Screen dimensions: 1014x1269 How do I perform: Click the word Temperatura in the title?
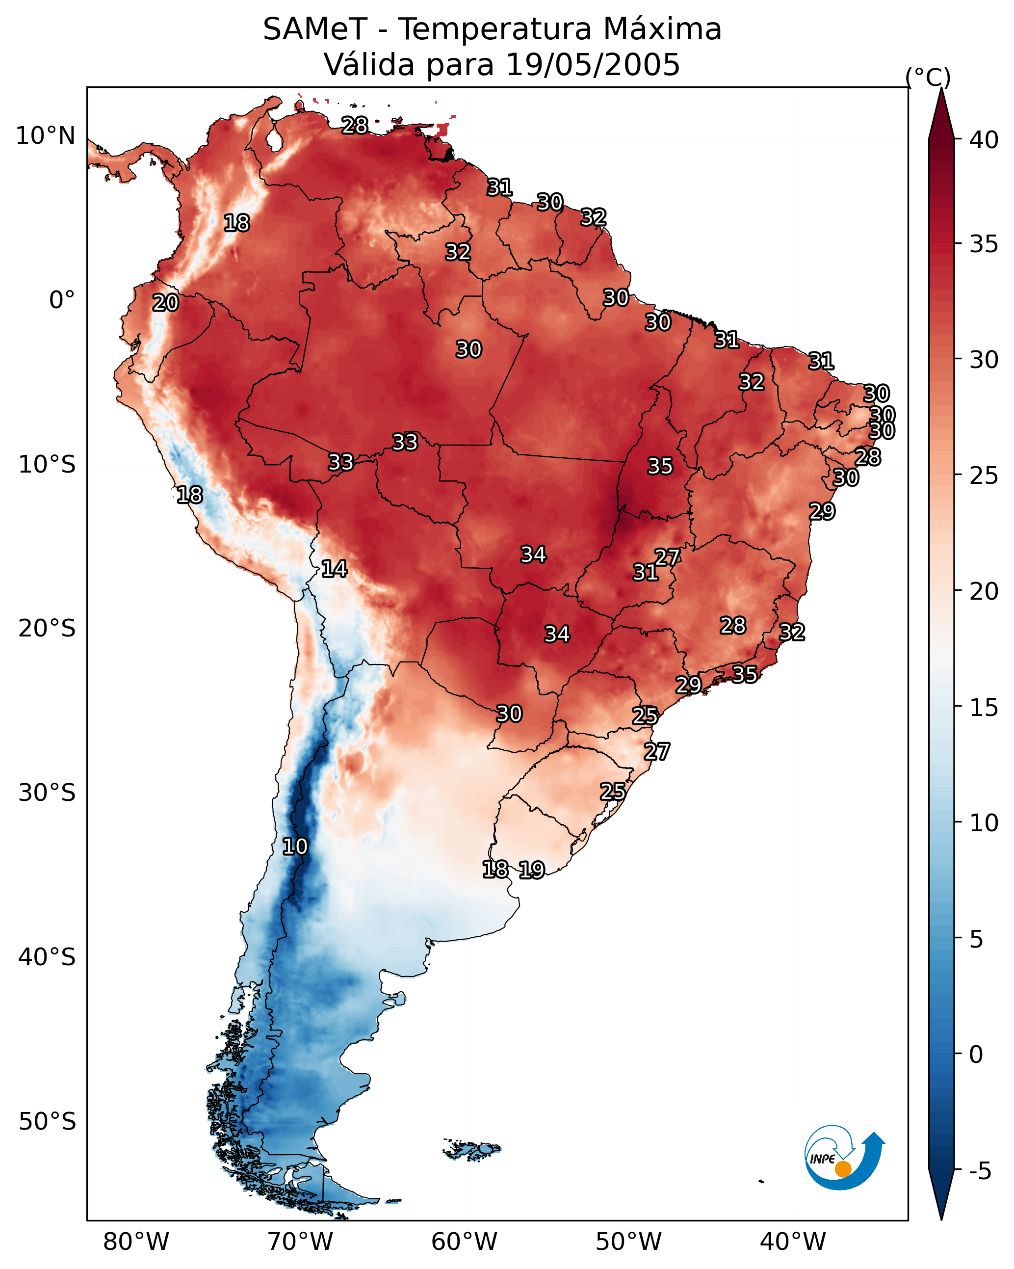pos(495,29)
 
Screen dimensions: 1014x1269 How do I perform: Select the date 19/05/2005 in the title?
pos(593,65)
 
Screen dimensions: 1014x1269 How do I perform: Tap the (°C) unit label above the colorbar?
pos(928,77)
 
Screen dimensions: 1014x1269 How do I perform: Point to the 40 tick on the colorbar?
pos(984,140)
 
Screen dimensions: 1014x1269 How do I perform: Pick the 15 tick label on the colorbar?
pos(984,708)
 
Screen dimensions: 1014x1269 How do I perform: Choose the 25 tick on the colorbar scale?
pos(984,476)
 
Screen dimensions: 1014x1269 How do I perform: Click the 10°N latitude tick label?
pos(45,136)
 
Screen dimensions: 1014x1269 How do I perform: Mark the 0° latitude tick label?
pos(62,300)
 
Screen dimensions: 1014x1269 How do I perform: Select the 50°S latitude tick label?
pos(47,1122)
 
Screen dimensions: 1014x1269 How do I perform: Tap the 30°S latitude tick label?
pos(47,793)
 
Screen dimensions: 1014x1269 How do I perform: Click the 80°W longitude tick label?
pos(136,1242)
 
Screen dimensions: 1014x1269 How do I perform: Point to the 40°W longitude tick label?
pos(793,1242)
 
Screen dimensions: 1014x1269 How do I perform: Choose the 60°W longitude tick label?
pos(465,1242)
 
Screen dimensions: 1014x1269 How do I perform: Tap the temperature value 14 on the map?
pos(334,569)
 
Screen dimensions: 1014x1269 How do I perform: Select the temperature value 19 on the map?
pos(532,870)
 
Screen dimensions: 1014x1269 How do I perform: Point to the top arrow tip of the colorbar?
pos(941,88)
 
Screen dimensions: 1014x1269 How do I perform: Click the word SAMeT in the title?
pos(315,29)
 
